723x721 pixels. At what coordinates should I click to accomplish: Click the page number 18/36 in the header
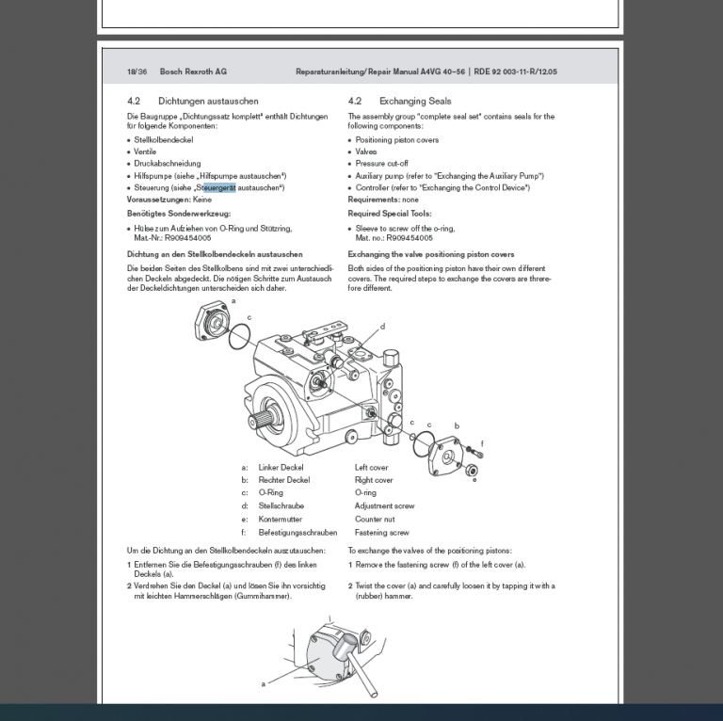coord(137,72)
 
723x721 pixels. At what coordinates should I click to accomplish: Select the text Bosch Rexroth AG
coord(193,72)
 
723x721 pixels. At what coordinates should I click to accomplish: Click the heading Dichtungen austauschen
coord(208,101)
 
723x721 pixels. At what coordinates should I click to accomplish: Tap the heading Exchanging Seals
coord(415,101)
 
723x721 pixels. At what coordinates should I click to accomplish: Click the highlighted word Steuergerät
coord(216,187)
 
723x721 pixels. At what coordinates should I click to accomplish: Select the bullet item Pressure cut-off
coord(381,164)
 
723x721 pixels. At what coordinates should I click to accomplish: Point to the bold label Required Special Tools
coord(390,214)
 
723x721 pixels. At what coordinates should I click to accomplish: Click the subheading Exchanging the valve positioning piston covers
coord(431,254)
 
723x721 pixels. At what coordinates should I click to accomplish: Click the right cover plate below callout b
coord(449,457)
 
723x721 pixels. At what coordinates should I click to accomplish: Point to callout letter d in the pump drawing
coord(382,327)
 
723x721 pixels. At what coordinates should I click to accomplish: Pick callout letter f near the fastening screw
coord(482,442)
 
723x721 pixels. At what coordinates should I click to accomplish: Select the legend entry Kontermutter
coord(281,519)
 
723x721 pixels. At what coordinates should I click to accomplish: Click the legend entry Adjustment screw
coord(384,506)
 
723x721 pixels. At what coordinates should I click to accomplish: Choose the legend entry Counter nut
coord(375,519)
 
